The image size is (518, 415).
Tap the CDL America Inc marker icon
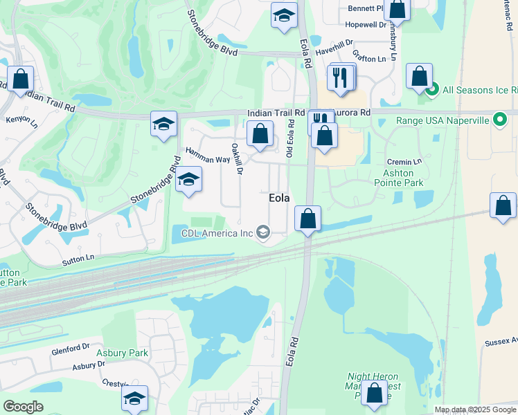263,232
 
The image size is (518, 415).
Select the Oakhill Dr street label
237,158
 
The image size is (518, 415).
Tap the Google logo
23,406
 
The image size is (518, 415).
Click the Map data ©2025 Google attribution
474,409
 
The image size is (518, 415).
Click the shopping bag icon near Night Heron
375,393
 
